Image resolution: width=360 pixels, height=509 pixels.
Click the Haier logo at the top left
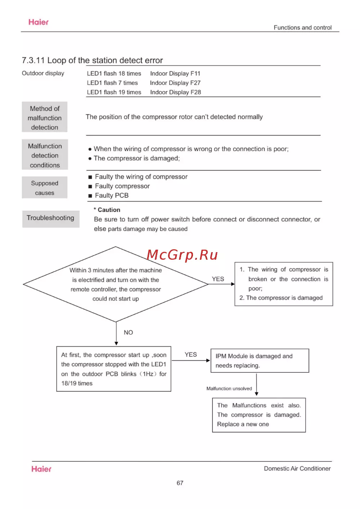click(x=39, y=22)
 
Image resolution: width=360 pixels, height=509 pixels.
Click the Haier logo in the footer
click(x=41, y=469)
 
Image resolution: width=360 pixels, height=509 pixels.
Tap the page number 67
click(x=180, y=483)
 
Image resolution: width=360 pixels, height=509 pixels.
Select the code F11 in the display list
click(x=195, y=73)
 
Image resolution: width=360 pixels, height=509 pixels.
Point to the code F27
click(x=195, y=83)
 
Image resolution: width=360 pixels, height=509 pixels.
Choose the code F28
click(x=196, y=92)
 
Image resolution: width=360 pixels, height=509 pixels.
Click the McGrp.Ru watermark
click(x=182, y=255)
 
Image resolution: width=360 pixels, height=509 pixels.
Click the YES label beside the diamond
click(x=218, y=279)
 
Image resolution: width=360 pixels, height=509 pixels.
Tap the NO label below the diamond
click(x=128, y=332)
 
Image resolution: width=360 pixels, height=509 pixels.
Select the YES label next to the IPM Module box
click(x=191, y=354)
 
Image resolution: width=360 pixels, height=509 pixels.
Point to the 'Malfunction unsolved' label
click(x=229, y=388)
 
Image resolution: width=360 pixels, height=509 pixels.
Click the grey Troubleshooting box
click(x=50, y=218)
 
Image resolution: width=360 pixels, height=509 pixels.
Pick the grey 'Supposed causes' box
click(x=45, y=187)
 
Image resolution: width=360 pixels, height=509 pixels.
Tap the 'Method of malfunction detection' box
click(x=45, y=117)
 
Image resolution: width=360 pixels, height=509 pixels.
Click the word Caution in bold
click(x=109, y=210)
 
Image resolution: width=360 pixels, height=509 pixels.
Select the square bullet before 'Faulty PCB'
click(x=90, y=196)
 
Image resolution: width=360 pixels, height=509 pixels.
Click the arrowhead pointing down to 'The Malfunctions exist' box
click(x=256, y=394)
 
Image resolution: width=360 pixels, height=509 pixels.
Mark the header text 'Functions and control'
click(x=302, y=27)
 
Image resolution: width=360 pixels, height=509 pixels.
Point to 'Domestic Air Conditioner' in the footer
click(x=297, y=468)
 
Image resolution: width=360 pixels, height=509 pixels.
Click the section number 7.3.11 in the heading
click(x=33, y=60)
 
